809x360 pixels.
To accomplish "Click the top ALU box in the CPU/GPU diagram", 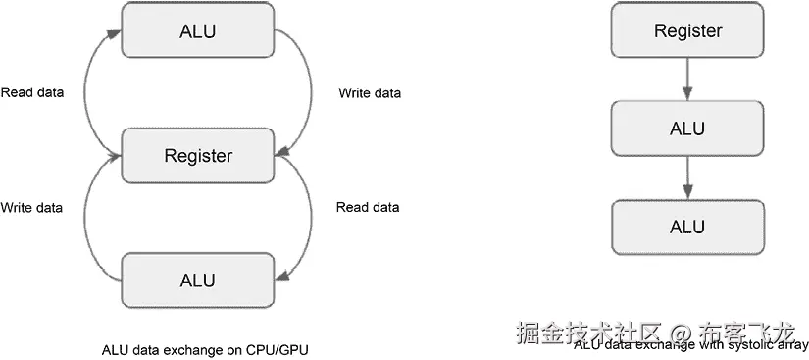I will [198, 29].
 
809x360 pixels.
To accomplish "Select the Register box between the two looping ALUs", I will [198, 155].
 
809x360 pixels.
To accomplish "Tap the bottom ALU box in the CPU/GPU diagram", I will [198, 280].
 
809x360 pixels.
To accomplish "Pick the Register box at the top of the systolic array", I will [687, 30].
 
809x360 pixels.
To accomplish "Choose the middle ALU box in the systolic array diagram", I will [687, 129].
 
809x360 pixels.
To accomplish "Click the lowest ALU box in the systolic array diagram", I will [687, 226].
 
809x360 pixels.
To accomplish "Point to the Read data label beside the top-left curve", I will [32, 93].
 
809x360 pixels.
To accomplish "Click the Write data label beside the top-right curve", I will [370, 93].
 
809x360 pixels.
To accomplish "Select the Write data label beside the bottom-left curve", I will [31, 208].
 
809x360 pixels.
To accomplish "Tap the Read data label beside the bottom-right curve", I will [368, 208].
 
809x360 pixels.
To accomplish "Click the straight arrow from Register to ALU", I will [687, 78].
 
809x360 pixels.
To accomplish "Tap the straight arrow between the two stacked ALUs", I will [687, 177].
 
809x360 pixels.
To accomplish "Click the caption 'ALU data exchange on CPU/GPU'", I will [211, 349].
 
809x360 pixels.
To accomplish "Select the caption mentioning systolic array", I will [691, 345].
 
